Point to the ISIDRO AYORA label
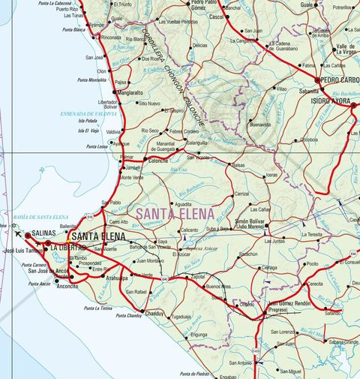coord(331,100)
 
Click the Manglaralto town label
coord(130,93)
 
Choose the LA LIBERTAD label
coord(68,247)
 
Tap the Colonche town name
coord(158,161)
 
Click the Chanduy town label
coord(154,313)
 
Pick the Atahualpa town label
coord(118,277)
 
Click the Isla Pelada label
coord(87,121)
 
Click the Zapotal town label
coord(199,277)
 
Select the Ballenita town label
coord(67,226)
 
